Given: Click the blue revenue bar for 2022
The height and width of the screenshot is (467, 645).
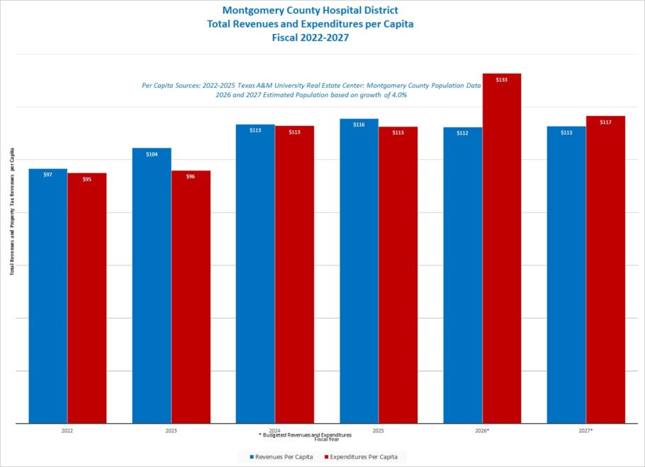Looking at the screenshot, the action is click(47, 296).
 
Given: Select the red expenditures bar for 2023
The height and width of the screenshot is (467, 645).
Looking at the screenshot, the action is click(191, 297).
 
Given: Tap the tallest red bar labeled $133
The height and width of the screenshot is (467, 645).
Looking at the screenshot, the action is click(501, 248).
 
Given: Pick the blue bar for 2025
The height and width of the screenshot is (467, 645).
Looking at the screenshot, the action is click(359, 271).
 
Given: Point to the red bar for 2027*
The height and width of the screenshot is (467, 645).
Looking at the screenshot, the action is click(605, 270).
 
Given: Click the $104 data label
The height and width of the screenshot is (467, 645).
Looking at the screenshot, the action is click(152, 154).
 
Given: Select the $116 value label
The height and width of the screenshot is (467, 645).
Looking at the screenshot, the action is click(359, 125).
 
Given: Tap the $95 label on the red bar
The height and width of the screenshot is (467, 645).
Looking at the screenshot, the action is click(86, 180).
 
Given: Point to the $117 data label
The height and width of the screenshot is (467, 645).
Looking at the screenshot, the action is click(605, 122).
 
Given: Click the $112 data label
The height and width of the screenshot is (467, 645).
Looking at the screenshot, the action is click(462, 133).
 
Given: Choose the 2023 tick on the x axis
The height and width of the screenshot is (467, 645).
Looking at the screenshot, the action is click(171, 431).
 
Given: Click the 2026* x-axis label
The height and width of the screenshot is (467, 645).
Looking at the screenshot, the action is click(482, 431).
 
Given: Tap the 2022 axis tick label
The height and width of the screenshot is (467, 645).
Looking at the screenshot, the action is click(67, 431).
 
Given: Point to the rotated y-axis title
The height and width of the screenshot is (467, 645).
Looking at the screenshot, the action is click(12, 212).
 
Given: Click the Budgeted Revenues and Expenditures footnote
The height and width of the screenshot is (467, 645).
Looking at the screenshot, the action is click(305, 434).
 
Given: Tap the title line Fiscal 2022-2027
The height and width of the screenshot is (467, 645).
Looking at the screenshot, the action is click(310, 38).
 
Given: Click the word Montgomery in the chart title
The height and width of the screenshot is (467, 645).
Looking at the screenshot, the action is click(247, 10).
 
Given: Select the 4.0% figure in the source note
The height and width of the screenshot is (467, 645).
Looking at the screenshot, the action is click(399, 95).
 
